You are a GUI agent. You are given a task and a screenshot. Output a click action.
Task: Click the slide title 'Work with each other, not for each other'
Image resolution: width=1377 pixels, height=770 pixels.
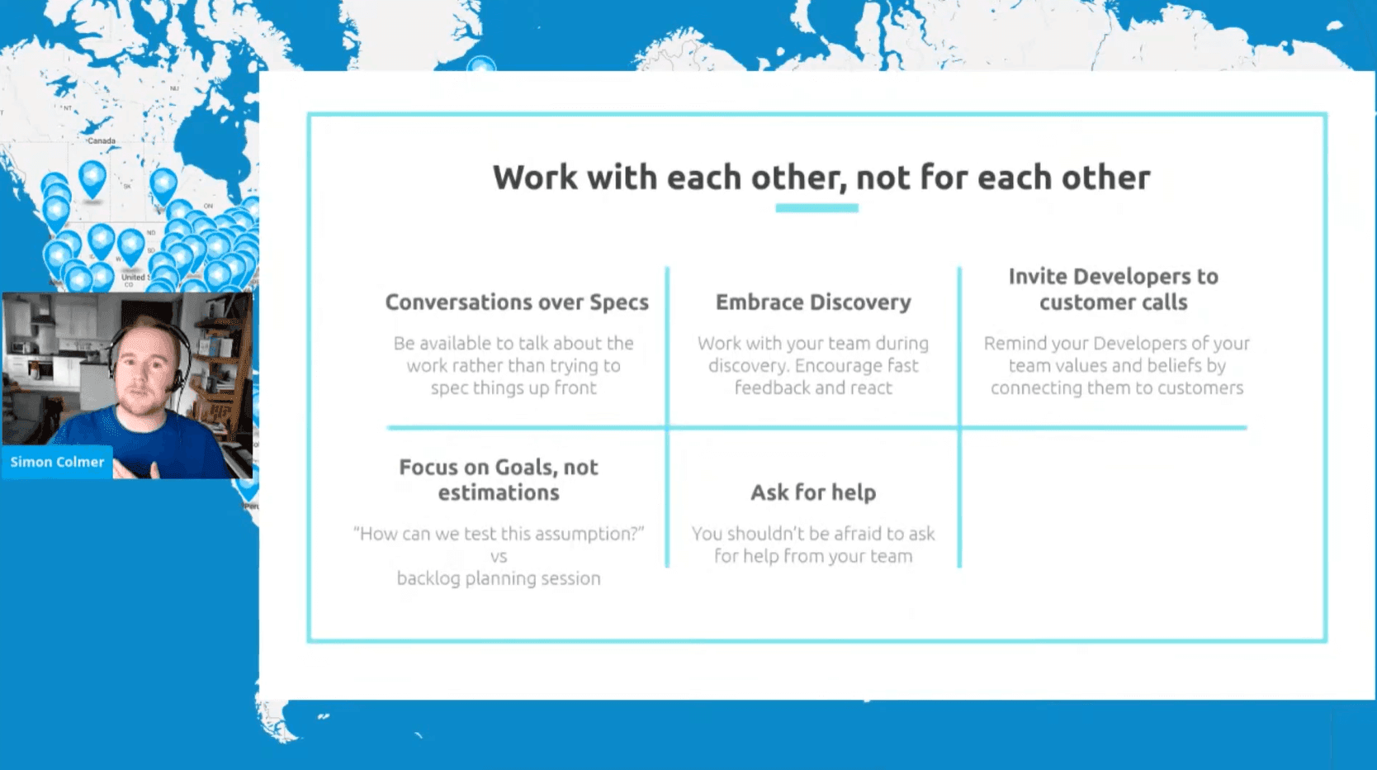(x=821, y=178)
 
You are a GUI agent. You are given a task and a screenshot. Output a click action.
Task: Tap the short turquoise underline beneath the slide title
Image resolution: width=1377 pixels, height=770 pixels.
(x=817, y=208)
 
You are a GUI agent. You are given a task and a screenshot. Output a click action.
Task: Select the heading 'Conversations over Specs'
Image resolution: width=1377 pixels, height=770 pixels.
(x=517, y=302)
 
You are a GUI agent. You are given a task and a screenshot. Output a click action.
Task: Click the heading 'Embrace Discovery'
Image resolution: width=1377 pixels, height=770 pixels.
(x=813, y=302)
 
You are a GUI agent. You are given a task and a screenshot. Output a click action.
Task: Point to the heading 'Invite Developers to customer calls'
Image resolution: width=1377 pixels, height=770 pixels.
(x=1114, y=289)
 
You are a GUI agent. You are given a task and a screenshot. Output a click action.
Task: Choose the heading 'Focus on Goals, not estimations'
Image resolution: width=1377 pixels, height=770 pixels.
(x=499, y=480)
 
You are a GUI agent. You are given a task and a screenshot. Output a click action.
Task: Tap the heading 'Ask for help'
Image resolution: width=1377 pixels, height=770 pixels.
(x=813, y=492)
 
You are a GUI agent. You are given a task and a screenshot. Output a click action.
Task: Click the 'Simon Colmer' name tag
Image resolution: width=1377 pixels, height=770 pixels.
(x=57, y=462)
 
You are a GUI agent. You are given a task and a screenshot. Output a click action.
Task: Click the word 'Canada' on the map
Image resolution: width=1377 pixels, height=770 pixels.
(x=102, y=140)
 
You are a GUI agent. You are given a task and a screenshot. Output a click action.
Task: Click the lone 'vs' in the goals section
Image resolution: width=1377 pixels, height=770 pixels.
(x=499, y=557)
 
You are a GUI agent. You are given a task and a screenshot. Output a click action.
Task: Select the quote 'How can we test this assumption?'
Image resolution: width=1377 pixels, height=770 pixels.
(x=499, y=533)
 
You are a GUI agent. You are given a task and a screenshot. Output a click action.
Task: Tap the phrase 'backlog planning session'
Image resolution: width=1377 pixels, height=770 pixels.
(x=499, y=578)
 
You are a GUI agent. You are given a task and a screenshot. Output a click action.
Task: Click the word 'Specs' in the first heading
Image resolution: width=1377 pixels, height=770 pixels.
(x=619, y=303)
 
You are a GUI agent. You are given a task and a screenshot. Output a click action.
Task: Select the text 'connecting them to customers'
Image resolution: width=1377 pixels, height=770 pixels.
(x=1117, y=388)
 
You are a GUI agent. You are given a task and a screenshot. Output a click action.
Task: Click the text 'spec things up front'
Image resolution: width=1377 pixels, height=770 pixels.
(x=513, y=388)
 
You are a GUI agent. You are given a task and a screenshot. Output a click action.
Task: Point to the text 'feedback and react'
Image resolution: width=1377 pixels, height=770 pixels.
(x=813, y=388)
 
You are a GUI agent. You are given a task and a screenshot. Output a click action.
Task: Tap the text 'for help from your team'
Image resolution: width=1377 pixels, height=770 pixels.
(x=813, y=556)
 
